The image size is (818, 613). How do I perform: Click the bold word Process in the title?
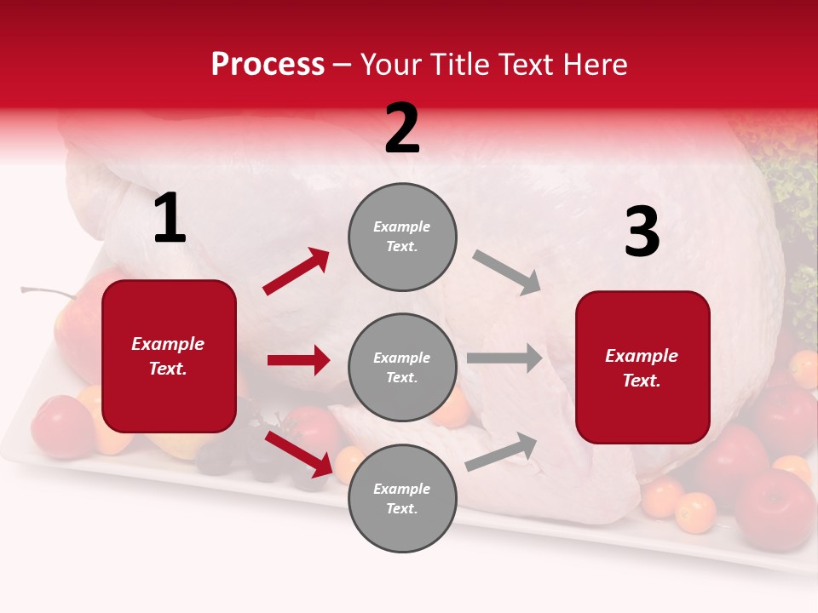(x=268, y=65)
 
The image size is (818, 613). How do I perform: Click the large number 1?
(x=170, y=219)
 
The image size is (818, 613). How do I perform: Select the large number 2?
(x=402, y=129)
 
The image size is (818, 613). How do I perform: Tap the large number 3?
(x=642, y=232)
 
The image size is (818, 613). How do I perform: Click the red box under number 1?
(x=169, y=356)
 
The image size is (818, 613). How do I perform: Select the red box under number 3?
(x=642, y=368)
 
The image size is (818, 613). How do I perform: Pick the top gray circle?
(x=402, y=237)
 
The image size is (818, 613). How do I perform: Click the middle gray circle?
(x=402, y=368)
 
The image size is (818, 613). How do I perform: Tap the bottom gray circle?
(x=402, y=499)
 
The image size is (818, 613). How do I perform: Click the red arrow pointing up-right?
(x=297, y=272)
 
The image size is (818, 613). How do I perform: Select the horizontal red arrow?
(x=298, y=360)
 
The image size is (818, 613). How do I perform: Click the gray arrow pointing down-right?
(x=506, y=272)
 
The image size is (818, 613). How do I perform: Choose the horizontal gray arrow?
(x=504, y=358)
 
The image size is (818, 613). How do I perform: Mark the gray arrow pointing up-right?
(x=502, y=451)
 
